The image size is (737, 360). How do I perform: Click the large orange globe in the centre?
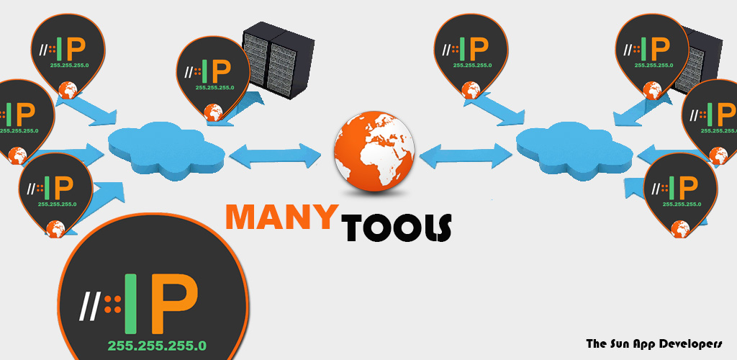point(374,151)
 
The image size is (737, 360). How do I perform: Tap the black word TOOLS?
point(397,228)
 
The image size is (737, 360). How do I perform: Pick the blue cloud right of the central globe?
point(574,148)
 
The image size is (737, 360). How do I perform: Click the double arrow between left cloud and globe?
point(275,156)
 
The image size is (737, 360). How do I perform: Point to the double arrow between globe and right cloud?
point(466,156)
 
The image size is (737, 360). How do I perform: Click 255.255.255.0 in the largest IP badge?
point(157,346)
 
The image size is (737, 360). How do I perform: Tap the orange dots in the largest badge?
point(112,304)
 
